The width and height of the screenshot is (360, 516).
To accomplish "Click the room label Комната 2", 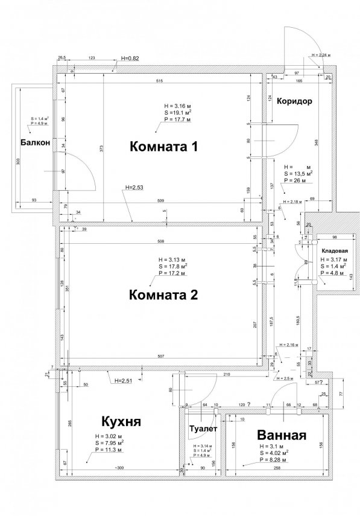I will pos(164,295).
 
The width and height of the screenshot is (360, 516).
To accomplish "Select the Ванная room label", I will pos(282,435).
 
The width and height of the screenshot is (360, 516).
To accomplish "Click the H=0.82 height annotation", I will pos(130,58).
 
